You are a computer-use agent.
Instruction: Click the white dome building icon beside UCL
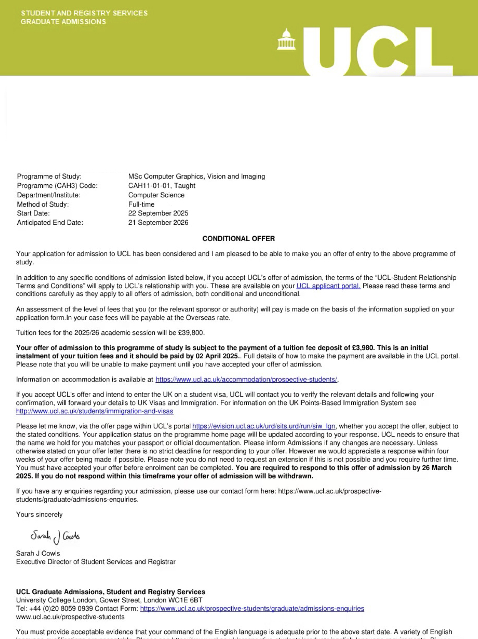click(286, 40)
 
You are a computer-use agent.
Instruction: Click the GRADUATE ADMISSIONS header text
click(63, 22)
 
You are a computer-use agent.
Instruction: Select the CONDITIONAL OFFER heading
click(239, 239)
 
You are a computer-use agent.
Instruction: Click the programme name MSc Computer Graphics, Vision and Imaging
click(197, 176)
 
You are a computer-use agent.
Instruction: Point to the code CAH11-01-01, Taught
click(162, 186)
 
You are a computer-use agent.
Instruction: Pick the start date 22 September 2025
click(158, 213)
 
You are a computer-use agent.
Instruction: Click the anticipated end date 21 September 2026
click(158, 222)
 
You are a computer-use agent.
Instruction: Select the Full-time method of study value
click(141, 204)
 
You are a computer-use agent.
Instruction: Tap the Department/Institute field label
click(48, 195)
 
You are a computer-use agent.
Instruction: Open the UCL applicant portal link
click(328, 286)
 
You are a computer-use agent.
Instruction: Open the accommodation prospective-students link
click(246, 380)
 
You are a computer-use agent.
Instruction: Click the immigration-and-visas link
click(95, 411)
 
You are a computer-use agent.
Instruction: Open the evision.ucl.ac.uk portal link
click(264, 426)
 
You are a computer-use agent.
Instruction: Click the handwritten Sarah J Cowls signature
click(55, 536)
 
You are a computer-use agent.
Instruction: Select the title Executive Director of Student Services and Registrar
click(96, 562)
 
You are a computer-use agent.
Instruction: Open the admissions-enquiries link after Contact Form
click(252, 609)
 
